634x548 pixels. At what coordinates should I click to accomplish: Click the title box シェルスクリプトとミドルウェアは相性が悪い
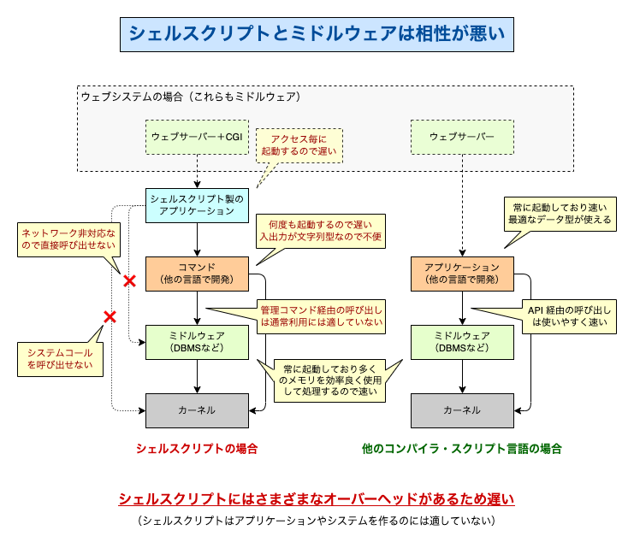pyautogui.click(x=317, y=33)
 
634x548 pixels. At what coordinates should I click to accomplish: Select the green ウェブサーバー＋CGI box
pyautogui.click(x=197, y=138)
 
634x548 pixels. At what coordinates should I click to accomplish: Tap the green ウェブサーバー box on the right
pyautogui.click(x=462, y=138)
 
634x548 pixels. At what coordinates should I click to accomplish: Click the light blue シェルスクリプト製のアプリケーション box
pyautogui.click(x=197, y=204)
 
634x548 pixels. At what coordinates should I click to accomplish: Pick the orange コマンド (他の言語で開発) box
pyautogui.click(x=197, y=273)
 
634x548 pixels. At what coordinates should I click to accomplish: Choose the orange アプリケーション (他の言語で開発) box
pyautogui.click(x=462, y=273)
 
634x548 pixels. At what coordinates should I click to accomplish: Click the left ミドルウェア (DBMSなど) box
pyautogui.click(x=197, y=342)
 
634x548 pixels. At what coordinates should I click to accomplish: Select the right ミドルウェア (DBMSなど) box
pyautogui.click(x=462, y=342)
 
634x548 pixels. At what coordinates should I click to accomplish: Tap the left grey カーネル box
pyautogui.click(x=197, y=410)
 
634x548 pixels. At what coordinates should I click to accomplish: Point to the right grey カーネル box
pyautogui.click(x=462, y=410)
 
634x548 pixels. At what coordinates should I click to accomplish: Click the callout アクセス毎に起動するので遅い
pyautogui.click(x=299, y=145)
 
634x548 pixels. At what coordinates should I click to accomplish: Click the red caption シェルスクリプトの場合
pyautogui.click(x=196, y=448)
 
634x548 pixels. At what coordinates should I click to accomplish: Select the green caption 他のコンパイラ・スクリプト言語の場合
pyautogui.click(x=462, y=448)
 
